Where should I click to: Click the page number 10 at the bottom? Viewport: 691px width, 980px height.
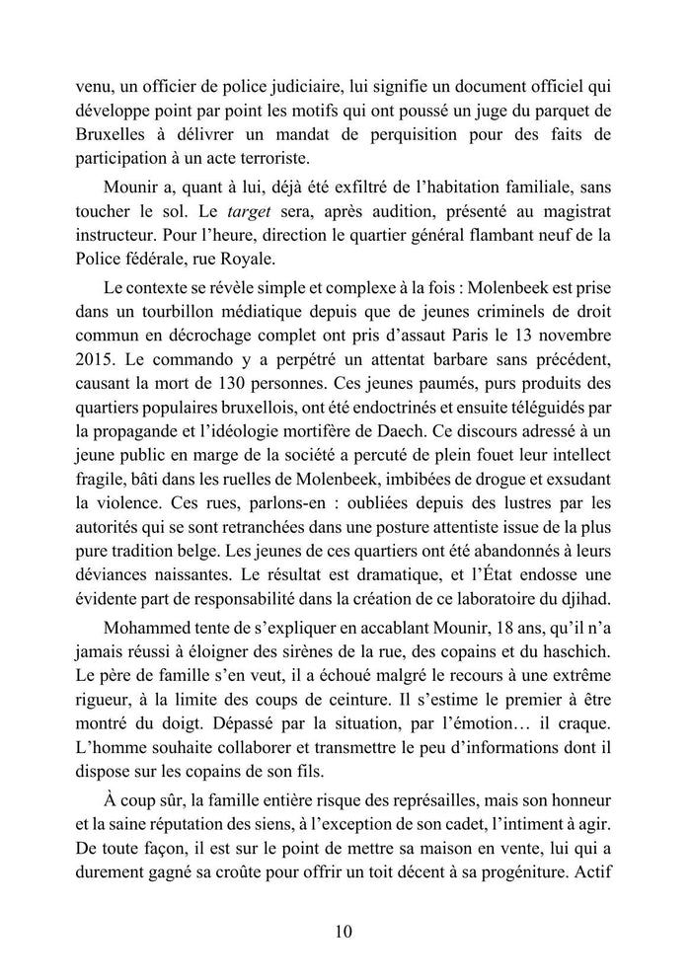point(345,931)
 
